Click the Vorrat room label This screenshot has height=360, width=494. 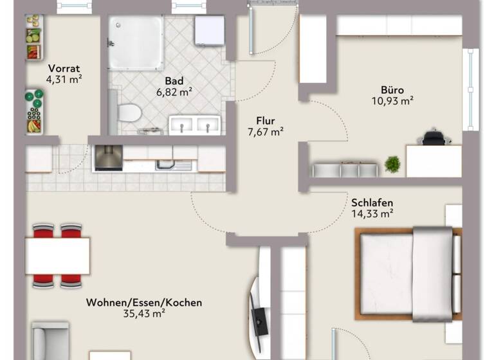click(x=64, y=67)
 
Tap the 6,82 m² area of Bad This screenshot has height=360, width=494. click(x=174, y=93)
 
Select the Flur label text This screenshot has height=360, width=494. click(x=266, y=120)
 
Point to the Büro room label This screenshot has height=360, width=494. click(x=392, y=89)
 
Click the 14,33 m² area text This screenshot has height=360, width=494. click(x=372, y=215)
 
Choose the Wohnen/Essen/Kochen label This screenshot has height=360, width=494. click(x=144, y=302)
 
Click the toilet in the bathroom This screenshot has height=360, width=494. click(x=130, y=113)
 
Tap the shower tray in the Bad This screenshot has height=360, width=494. click(x=135, y=42)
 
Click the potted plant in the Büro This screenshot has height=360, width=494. click(x=392, y=165)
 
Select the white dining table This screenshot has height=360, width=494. click(x=57, y=255)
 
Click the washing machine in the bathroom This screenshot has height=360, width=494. click(x=210, y=30)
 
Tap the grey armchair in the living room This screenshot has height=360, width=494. click(x=50, y=340)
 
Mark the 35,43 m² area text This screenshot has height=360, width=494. click(x=144, y=314)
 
